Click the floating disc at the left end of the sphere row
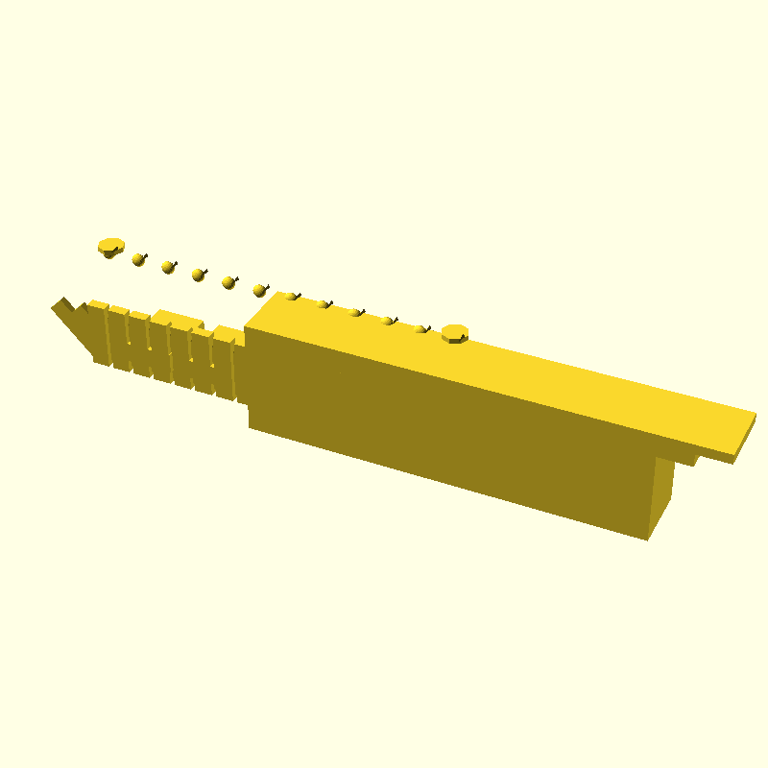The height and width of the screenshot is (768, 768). click(x=111, y=246)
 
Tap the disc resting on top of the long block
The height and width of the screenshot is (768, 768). click(x=454, y=333)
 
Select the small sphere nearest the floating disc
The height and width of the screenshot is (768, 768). click(x=138, y=259)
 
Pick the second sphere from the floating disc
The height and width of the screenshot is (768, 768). click(x=168, y=266)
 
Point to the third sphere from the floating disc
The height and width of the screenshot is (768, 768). click(x=198, y=275)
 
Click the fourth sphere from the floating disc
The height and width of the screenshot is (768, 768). click(x=228, y=282)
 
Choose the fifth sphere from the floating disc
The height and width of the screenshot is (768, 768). click(x=259, y=289)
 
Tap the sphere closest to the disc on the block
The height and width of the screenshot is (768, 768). click(x=420, y=329)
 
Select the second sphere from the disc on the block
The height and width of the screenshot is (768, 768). click(x=388, y=321)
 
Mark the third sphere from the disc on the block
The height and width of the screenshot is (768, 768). click(x=355, y=312)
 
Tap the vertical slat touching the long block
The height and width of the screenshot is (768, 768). click(x=226, y=366)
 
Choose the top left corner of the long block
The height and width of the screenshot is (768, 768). click(x=246, y=329)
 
